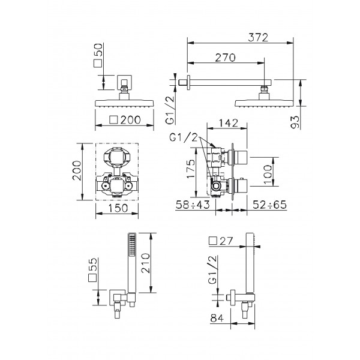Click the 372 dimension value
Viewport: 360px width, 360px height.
(x=258, y=37)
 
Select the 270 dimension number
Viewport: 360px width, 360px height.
(x=225, y=58)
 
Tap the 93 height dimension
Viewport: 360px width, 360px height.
(x=295, y=122)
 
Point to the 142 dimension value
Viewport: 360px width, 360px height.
(x=228, y=123)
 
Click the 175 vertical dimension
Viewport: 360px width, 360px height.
(x=191, y=169)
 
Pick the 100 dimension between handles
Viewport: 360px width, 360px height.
(x=268, y=175)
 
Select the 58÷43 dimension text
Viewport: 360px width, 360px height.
(x=193, y=205)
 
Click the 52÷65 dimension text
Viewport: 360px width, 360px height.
(x=270, y=205)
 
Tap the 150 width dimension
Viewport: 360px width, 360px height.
(x=118, y=208)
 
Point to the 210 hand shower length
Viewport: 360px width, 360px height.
(x=145, y=263)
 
